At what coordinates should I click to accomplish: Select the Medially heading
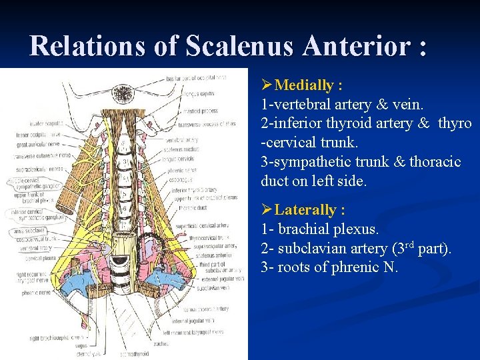tap(308, 85)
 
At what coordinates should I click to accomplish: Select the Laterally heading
tap(309, 210)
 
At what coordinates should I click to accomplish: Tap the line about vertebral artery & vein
tap(342, 105)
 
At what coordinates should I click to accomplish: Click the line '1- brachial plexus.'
tap(319, 229)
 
